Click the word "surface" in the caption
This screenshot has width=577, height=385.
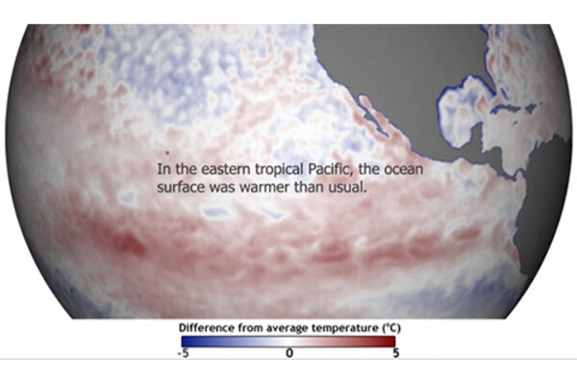(x=179, y=187)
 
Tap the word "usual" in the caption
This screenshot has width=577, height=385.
(x=351, y=187)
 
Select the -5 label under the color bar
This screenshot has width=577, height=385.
(x=182, y=352)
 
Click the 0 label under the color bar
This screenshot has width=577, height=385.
(x=288, y=352)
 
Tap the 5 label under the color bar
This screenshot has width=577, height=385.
(x=394, y=352)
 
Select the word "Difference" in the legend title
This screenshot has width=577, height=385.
(x=208, y=327)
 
